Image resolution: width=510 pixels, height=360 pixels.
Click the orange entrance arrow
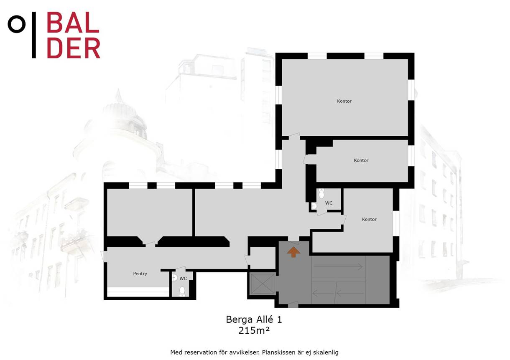click(x=293, y=252)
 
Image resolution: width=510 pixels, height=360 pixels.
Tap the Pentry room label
click(x=140, y=274)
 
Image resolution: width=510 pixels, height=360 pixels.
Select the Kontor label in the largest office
click(x=344, y=101)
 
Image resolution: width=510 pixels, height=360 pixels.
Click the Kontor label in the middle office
click(x=361, y=160)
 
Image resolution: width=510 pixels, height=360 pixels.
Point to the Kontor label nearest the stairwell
click(x=369, y=219)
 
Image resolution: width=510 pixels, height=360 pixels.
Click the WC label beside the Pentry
click(x=183, y=279)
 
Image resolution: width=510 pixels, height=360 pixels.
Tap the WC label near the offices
click(x=329, y=203)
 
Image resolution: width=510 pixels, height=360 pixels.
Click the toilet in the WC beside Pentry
click(x=182, y=292)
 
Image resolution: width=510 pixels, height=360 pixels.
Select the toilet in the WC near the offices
click(x=321, y=193)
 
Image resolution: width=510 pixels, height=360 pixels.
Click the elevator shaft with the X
click(x=263, y=284)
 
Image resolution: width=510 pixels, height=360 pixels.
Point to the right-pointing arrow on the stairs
click(x=338, y=267)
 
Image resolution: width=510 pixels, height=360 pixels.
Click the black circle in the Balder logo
click(x=17, y=24)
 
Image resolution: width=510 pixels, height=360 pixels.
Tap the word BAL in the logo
click(x=73, y=22)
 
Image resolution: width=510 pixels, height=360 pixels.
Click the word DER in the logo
click(x=74, y=48)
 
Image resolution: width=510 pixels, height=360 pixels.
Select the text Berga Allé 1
click(x=254, y=319)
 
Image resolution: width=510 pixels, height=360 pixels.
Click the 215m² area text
click(x=254, y=330)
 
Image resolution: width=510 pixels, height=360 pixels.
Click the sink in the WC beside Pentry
click(x=175, y=278)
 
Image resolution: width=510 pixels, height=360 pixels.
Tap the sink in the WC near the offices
click(x=314, y=206)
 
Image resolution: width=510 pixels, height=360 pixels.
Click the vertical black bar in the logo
click(x=34, y=35)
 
